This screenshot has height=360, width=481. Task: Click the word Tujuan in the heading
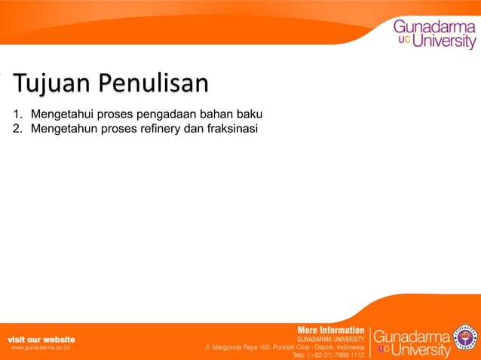tap(50, 84)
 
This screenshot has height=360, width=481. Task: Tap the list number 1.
tap(16, 114)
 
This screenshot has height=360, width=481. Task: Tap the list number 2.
tap(16, 128)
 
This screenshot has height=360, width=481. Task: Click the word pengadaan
tap(167, 114)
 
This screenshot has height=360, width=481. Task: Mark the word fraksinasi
tap(230, 128)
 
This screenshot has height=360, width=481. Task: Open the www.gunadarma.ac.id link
tap(40, 349)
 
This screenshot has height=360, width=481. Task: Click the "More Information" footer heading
tap(331, 331)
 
